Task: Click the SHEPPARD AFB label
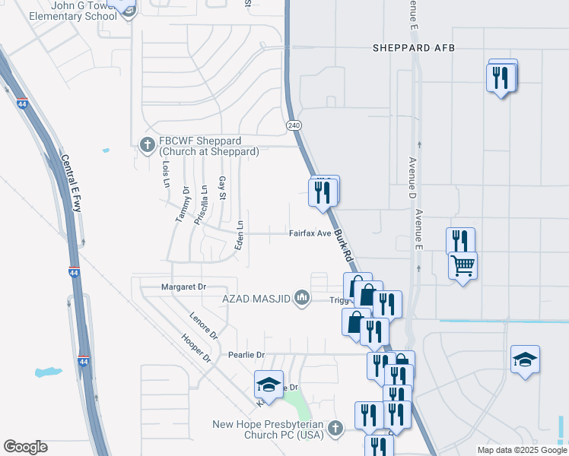point(413,48)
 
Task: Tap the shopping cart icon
point(463,266)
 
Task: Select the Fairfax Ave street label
point(310,233)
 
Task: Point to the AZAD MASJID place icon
point(302,296)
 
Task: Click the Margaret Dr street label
point(183,287)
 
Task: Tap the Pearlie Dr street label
point(246,355)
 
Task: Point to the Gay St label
point(222,188)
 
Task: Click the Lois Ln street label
point(165,173)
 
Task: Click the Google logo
point(25,447)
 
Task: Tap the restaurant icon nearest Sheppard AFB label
point(501,77)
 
